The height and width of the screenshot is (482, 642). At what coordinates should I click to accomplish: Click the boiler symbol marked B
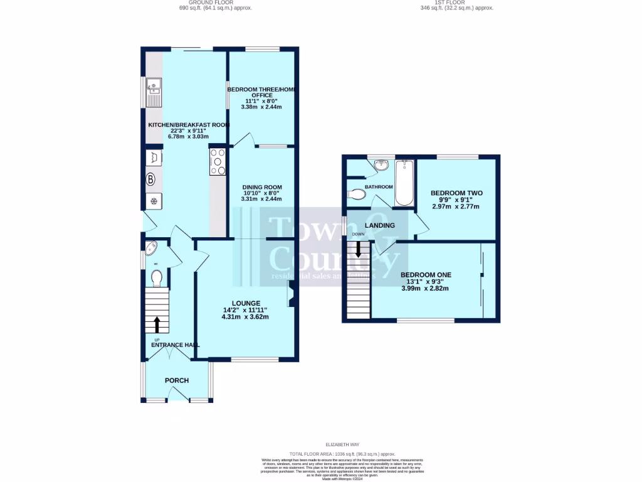point(150,179)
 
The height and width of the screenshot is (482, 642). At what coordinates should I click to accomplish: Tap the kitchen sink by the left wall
point(153,93)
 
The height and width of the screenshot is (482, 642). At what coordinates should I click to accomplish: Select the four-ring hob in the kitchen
point(218,161)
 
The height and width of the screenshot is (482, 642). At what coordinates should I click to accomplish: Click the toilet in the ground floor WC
point(156,277)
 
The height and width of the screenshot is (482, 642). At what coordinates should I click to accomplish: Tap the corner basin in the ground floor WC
point(151,249)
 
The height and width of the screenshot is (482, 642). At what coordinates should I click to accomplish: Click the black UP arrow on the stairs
point(157,324)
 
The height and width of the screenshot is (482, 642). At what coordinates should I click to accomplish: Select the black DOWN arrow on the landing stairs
point(359,249)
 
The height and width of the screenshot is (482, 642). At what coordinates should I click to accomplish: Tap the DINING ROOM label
point(261,187)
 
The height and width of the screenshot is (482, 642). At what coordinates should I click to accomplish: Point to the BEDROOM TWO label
point(456,193)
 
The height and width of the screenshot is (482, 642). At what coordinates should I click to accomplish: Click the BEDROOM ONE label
point(426,275)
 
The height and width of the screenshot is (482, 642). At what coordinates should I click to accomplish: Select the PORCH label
point(177,380)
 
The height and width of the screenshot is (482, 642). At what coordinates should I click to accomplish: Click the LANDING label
point(380,225)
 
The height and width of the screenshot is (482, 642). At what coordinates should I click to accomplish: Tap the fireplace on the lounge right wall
point(292,294)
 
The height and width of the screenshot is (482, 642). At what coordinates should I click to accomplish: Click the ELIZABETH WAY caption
point(342,444)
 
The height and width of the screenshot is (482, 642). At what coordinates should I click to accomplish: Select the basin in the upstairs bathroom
point(381,166)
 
